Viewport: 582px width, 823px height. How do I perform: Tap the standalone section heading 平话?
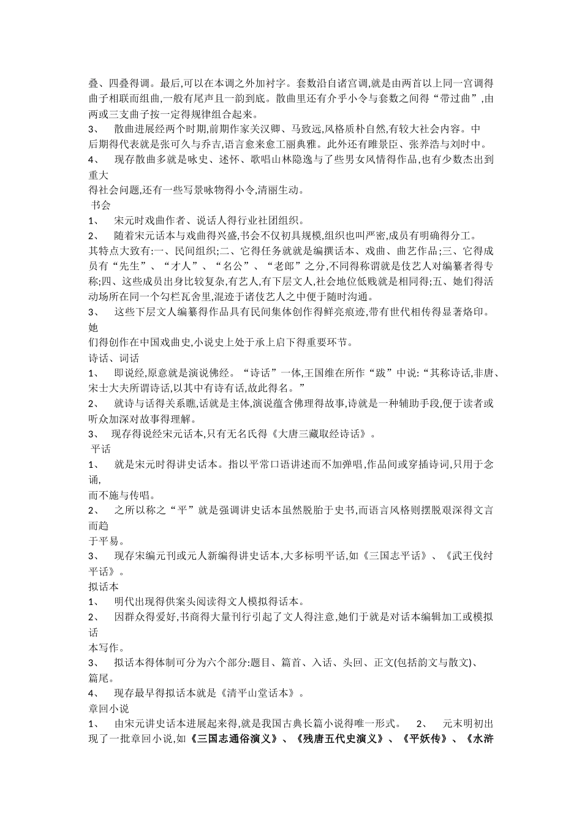point(100,449)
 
